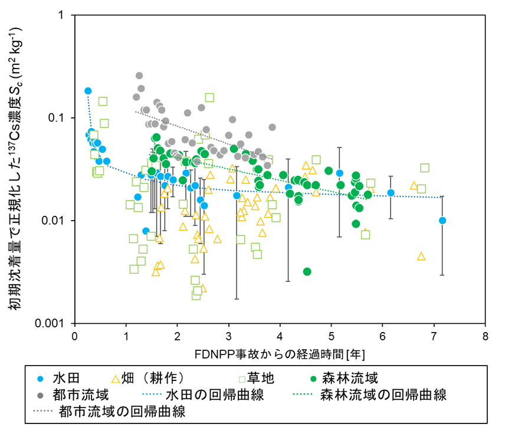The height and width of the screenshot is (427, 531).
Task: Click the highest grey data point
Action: click(139, 75)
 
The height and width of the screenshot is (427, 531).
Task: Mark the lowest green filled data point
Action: click(307, 271)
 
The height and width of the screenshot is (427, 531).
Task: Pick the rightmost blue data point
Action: click(442, 221)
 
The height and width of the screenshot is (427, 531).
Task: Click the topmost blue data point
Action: click(88, 91)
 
